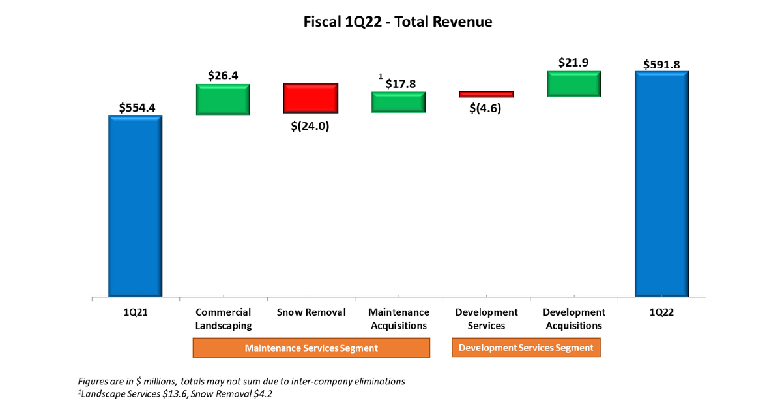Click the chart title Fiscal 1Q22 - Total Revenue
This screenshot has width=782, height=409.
398,22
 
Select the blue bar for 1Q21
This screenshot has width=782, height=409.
135,206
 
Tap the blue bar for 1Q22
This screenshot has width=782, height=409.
661,184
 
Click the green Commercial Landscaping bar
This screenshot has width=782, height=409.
223,100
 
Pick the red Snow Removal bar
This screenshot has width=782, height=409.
310,98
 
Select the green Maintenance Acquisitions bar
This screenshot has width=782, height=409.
398,102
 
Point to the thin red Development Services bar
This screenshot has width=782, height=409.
486,94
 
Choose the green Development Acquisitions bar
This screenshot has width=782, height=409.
573,83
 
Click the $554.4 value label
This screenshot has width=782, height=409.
137,107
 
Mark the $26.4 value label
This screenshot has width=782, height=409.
223,75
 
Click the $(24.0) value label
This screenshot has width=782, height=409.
310,127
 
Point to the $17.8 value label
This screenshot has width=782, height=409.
400,83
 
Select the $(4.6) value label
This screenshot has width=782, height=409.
485,108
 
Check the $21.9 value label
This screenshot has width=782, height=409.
573,62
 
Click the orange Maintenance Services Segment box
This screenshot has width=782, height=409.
311,348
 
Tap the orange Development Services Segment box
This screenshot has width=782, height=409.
526,348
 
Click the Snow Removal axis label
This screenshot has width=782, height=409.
311,312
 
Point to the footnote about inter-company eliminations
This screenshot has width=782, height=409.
241,380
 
